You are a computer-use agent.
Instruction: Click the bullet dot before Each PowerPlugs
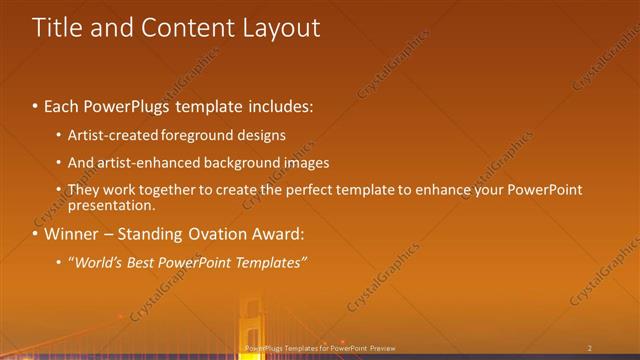(x=36, y=104)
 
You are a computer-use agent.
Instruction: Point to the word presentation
(x=111, y=206)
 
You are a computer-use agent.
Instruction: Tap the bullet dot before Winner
(x=36, y=235)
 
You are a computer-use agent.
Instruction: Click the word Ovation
(x=224, y=235)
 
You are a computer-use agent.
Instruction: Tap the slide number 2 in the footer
(x=590, y=348)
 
